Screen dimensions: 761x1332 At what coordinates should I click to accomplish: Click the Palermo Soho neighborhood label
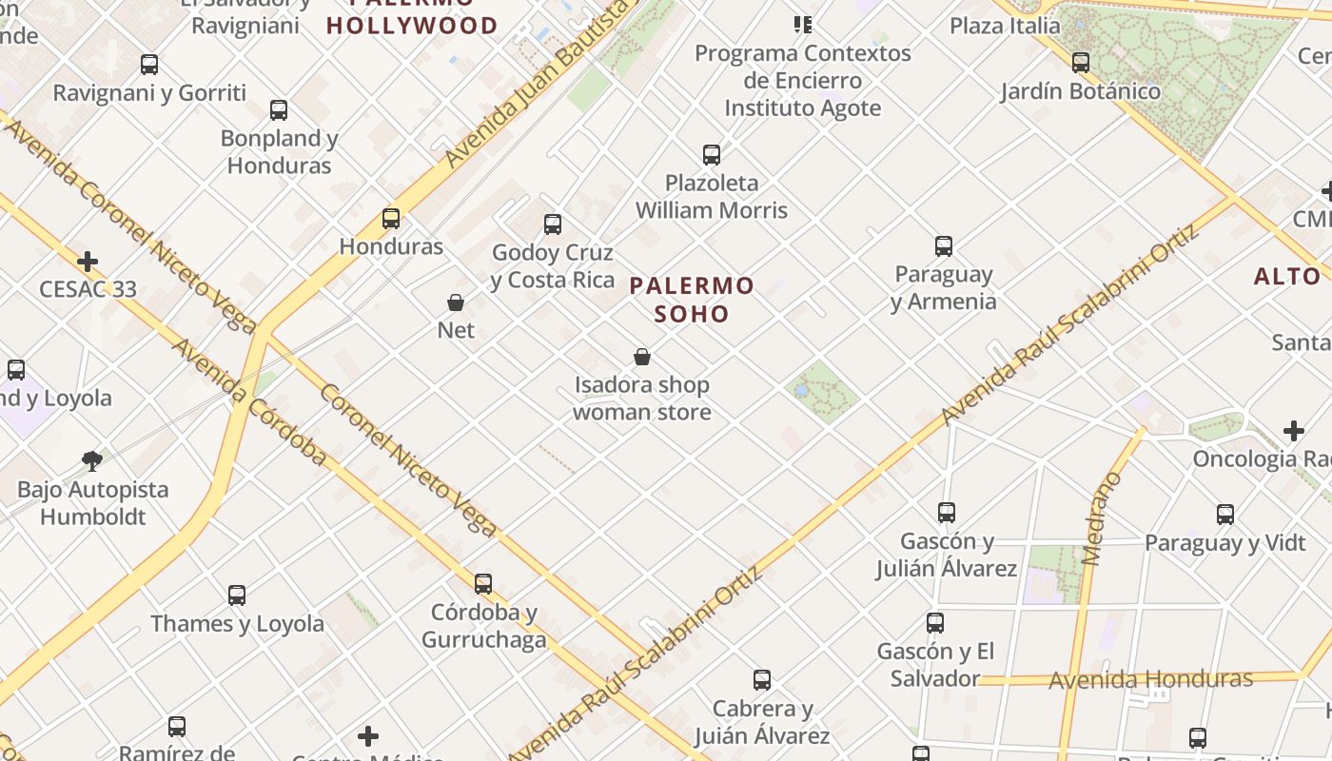tap(692, 299)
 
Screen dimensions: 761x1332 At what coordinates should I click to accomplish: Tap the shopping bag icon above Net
tap(456, 303)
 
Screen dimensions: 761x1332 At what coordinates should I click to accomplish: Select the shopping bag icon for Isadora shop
tap(642, 358)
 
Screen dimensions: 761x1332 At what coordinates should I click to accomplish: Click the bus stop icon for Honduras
tap(391, 219)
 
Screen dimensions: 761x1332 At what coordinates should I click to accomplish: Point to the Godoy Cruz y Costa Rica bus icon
tap(553, 224)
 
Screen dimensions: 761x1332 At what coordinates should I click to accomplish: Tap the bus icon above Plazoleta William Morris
tap(712, 154)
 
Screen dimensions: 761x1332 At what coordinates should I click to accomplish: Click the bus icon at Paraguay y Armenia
tap(944, 246)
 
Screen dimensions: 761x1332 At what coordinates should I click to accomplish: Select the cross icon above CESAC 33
tap(88, 261)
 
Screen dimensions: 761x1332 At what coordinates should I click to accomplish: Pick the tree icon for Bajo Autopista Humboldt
tap(92, 461)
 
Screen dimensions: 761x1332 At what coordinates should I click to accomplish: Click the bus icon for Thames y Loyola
tap(237, 595)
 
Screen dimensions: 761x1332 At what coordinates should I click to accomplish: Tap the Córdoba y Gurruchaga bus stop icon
tap(483, 583)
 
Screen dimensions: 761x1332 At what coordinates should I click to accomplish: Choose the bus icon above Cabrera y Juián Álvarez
tap(762, 680)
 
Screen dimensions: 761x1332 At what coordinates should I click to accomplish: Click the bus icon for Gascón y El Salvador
tap(935, 623)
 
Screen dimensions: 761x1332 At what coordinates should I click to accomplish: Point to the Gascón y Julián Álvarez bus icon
tap(947, 513)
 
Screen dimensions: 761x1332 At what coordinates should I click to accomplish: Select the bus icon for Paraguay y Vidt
tap(1225, 515)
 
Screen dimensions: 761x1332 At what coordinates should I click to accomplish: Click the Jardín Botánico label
tap(1081, 91)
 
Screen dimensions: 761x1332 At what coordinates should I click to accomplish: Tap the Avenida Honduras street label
tap(1150, 679)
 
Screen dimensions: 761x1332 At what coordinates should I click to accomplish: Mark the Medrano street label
tap(1103, 519)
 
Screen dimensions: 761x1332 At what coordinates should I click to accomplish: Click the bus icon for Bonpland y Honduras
tap(279, 110)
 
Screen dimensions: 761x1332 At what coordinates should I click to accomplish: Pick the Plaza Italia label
tap(1005, 26)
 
